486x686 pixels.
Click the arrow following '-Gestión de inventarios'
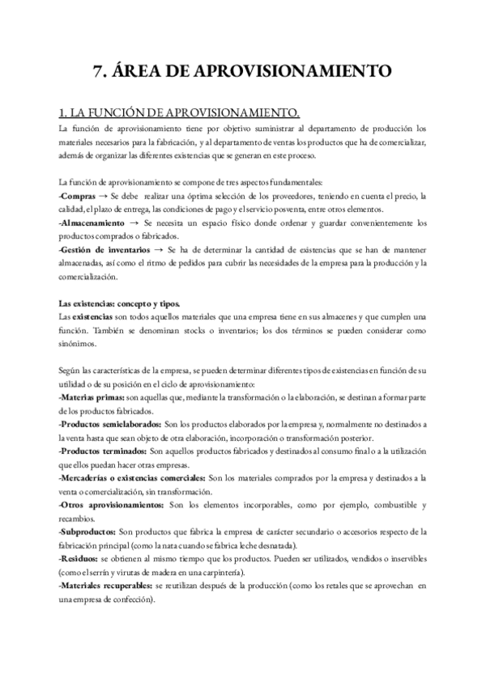click(x=157, y=249)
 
